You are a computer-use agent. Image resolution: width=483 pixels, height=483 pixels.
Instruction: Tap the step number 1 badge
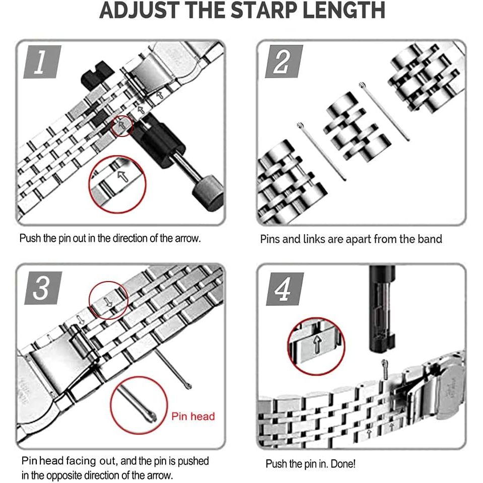tap(42, 61)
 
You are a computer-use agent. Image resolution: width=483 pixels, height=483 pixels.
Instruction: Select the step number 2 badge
tap(284, 61)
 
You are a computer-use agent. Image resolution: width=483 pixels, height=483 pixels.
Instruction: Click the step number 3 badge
tap(43, 288)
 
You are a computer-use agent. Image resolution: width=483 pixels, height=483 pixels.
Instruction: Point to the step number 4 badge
tap(285, 289)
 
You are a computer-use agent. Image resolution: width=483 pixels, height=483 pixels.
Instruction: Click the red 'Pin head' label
tap(193, 417)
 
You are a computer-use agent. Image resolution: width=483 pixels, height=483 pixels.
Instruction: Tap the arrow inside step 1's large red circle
tap(123, 176)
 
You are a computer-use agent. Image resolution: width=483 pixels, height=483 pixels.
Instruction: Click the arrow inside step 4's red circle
tap(317, 344)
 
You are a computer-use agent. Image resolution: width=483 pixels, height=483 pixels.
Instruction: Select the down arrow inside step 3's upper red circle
tap(108, 302)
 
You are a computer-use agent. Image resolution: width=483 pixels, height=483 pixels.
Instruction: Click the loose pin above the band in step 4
tap(384, 368)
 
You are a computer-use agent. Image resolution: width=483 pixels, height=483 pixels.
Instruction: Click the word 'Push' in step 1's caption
tap(30, 238)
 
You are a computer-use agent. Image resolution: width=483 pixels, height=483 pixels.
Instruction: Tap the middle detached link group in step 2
tap(357, 126)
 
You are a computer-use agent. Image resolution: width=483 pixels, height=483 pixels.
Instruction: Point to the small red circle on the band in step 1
tap(122, 126)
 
